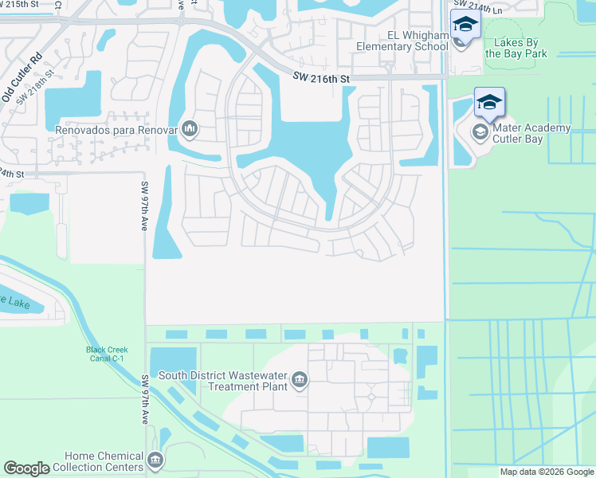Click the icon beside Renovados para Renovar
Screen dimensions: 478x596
point(190,128)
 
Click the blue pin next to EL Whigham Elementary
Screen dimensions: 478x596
point(465,25)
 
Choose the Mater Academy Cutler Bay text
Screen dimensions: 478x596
point(531,133)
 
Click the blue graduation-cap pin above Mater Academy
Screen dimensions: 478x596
point(489,102)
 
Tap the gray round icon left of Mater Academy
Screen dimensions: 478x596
point(480,131)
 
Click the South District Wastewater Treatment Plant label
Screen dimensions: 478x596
point(223,381)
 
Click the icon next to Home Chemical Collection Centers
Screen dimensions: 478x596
point(155,460)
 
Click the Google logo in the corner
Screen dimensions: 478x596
point(27,468)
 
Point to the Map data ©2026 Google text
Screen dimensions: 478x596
point(546,472)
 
